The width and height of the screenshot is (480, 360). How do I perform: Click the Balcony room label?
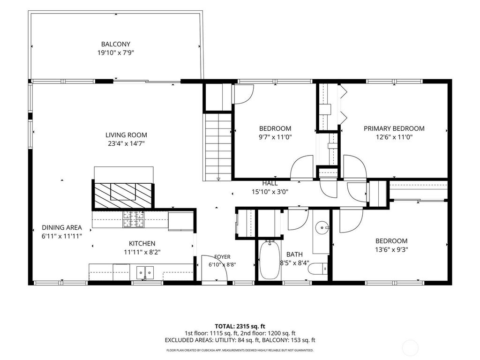(x=116, y=44)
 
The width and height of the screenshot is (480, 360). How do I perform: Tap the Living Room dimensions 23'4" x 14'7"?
(x=126, y=143)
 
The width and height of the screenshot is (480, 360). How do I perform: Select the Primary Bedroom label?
(x=394, y=128)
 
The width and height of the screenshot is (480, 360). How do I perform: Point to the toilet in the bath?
(x=317, y=270)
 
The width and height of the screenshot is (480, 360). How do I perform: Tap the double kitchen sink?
(x=145, y=271)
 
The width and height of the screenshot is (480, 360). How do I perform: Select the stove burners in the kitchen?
(x=134, y=219)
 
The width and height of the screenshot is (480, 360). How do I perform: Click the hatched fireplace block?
(x=123, y=195)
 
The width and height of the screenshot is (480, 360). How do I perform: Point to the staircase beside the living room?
(x=217, y=147)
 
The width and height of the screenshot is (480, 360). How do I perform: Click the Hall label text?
(x=270, y=183)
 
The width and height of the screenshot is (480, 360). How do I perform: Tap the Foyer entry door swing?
(x=214, y=268)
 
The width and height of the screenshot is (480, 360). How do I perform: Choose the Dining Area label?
(x=62, y=227)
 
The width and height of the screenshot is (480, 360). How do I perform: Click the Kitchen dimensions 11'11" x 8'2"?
(x=142, y=252)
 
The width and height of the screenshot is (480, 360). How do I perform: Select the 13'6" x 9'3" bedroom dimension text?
(x=391, y=249)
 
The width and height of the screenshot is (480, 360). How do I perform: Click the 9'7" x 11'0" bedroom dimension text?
(x=275, y=137)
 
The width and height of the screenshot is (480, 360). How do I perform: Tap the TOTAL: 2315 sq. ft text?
(x=240, y=326)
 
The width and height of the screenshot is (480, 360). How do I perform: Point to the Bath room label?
(x=294, y=255)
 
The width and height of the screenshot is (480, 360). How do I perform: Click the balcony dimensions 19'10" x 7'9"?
(x=116, y=52)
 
